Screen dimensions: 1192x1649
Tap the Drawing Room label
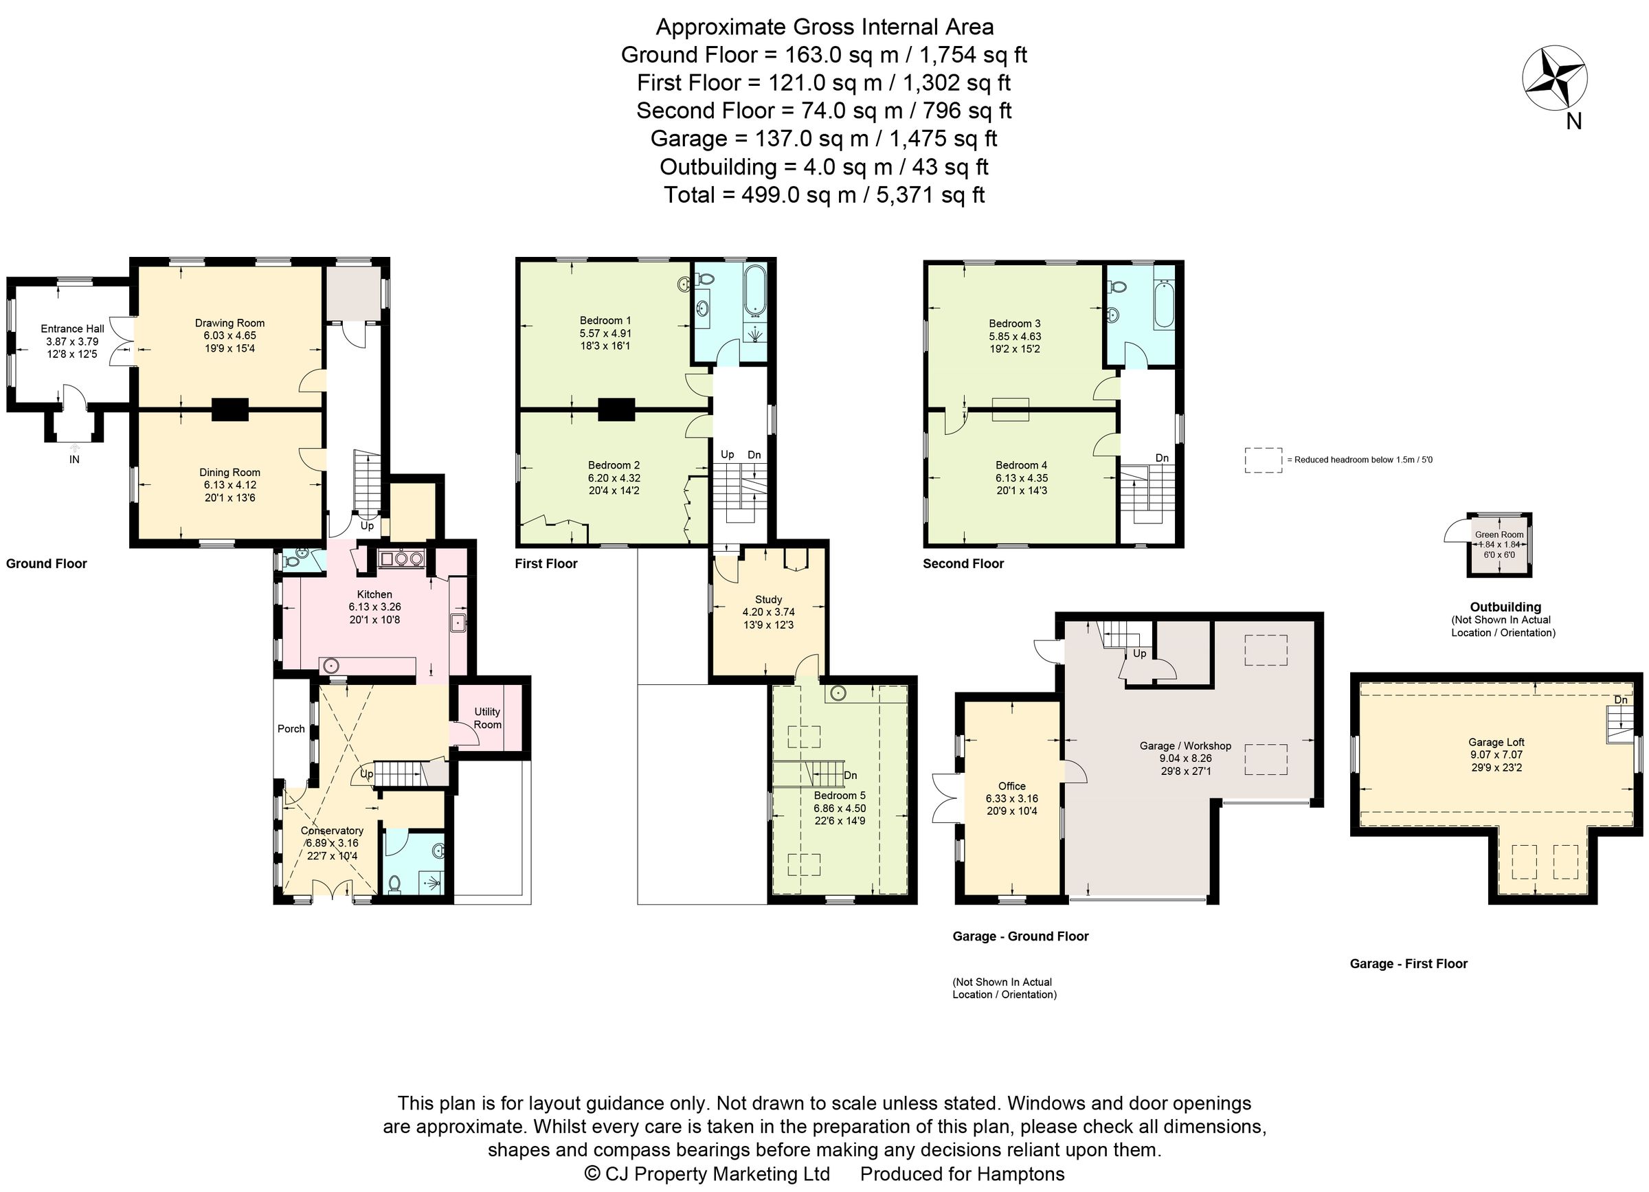tap(229, 323)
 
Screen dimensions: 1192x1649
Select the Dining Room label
tap(229, 473)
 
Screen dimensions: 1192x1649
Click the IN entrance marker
tap(74, 460)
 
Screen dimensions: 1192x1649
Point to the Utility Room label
tap(487, 718)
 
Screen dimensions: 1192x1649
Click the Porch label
tap(291, 728)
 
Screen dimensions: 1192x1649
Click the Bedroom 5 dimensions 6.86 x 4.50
tap(840, 808)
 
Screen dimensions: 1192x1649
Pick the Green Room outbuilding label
tap(1499, 535)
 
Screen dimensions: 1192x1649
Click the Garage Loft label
tap(1496, 742)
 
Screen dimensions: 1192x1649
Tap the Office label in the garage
tap(1011, 786)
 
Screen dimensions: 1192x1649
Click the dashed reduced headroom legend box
tap(1263, 460)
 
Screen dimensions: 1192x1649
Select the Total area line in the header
tap(824, 195)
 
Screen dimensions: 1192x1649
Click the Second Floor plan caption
tap(963, 563)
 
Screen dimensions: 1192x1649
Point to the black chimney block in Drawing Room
tap(230, 409)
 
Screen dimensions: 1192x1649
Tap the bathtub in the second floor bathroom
tap(1164, 305)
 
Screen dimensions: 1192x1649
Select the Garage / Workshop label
tap(1185, 745)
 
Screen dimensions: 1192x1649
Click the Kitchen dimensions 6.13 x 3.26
tap(374, 607)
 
